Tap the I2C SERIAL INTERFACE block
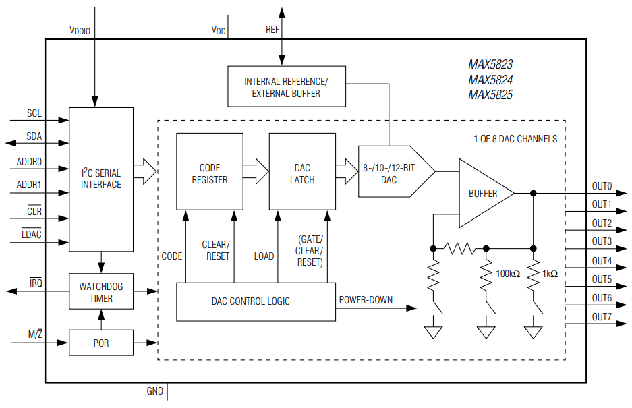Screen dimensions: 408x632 (x=101, y=179)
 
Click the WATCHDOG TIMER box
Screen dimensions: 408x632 (x=101, y=291)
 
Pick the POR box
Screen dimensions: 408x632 (x=101, y=343)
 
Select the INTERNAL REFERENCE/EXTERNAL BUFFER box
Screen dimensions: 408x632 (x=286, y=86)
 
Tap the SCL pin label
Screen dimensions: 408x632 (x=34, y=113)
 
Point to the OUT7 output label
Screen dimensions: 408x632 (x=602, y=317)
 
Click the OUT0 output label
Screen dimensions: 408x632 (x=602, y=185)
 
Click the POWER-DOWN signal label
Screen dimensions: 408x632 (x=366, y=300)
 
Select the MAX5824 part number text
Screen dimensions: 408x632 (x=490, y=80)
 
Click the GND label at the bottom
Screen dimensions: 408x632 (x=154, y=391)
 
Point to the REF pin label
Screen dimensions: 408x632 (x=272, y=30)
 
